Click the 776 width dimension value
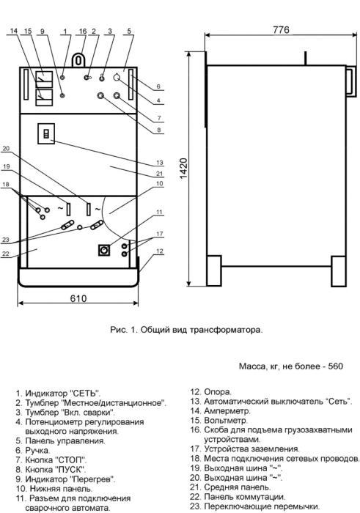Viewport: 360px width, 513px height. tap(281, 29)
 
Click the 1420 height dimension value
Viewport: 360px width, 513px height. tap(183, 169)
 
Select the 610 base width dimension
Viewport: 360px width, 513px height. tap(78, 298)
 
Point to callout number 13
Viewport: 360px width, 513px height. tap(159, 162)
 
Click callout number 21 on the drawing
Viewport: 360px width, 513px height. tap(159, 174)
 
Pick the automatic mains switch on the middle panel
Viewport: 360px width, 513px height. tap(46, 133)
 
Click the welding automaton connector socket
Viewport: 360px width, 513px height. tap(104, 251)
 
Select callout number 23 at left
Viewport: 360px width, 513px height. tap(6, 240)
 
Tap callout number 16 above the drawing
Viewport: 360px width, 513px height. tap(83, 32)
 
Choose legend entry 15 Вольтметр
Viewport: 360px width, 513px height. tap(219, 420)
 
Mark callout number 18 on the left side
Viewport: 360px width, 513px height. tap(6, 184)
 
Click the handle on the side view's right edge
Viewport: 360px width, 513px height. tap(352, 82)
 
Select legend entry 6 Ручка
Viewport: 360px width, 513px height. tap(33, 451)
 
